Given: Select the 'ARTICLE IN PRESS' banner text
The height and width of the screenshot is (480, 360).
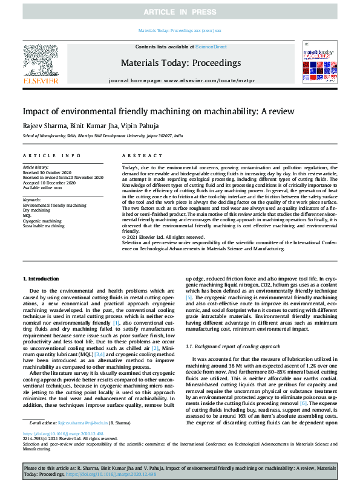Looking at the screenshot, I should (x=180, y=12).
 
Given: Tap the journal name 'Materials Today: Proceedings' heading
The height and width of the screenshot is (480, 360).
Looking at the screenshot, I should (x=180, y=63).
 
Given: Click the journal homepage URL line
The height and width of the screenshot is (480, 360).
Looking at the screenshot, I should (x=180, y=80).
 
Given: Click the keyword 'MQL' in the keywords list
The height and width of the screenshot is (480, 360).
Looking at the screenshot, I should (x=27, y=216).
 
